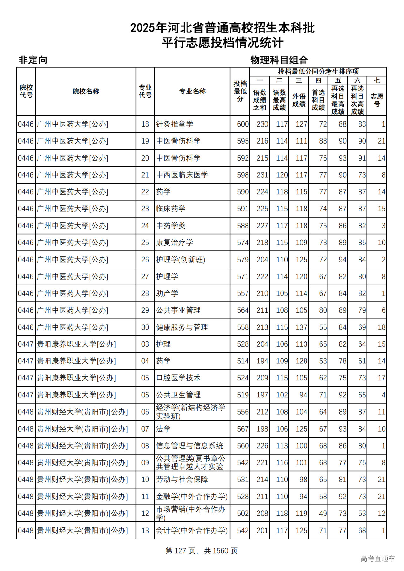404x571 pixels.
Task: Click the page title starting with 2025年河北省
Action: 223,28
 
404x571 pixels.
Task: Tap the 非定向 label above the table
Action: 33,60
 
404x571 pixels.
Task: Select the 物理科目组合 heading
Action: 279,60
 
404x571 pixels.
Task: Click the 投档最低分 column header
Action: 240,91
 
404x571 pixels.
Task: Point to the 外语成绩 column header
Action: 299,100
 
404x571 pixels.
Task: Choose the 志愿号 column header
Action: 377,100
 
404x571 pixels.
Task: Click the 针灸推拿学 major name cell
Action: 175,124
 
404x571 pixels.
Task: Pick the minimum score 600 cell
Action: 243,124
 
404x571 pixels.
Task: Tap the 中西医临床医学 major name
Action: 182,175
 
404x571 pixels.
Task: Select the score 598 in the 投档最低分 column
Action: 243,175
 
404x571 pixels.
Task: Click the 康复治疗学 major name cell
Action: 175,243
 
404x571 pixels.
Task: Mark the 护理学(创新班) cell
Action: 181,260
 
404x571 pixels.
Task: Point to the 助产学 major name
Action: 167,293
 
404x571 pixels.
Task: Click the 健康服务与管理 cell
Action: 182,327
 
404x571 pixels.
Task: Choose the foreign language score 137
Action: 301,327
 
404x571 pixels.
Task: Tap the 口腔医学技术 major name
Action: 178,378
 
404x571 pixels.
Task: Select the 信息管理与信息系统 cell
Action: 189,446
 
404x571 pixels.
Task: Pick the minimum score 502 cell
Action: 243,514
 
